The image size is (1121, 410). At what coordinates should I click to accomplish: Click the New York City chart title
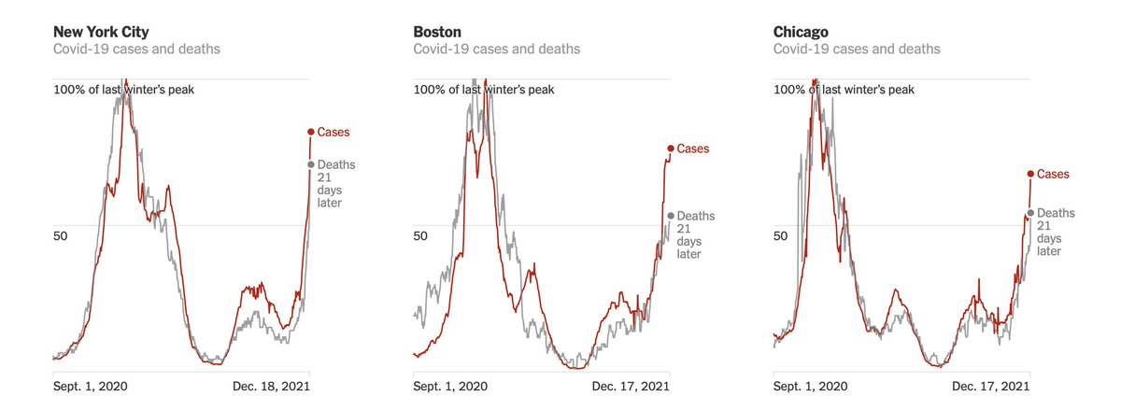101,32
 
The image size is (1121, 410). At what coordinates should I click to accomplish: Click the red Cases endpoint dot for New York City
310,132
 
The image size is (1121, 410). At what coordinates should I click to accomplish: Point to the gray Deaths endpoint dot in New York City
310,164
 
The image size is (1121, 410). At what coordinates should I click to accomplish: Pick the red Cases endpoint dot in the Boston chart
670,148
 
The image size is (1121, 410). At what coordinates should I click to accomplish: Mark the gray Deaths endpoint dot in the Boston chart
670,216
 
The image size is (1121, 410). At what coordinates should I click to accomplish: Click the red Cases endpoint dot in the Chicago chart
1030,174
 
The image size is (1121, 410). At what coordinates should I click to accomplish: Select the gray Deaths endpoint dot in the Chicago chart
1030,213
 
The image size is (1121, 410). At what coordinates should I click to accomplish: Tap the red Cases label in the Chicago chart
1053,174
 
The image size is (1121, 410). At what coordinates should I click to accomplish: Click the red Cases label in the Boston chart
692,148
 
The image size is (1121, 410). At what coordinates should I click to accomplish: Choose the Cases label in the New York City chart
333,132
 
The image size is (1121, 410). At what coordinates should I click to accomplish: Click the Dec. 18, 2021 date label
271,386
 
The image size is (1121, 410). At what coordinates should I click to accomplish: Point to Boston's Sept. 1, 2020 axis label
450,386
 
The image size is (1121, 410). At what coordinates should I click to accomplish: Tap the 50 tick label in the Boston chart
420,236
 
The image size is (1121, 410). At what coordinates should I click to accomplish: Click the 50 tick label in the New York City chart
61,236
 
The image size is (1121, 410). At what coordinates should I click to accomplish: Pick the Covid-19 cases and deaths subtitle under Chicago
857,49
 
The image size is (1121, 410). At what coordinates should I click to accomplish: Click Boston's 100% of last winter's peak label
484,90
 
